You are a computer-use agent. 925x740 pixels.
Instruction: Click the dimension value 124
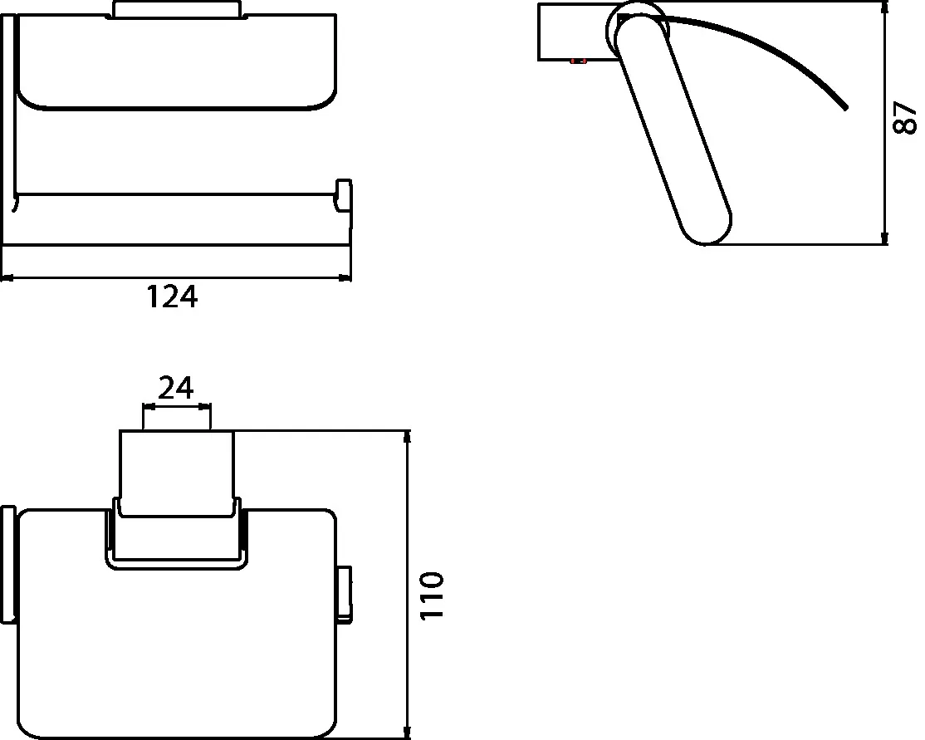[x=173, y=296]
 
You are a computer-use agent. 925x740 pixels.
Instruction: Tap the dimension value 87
[x=904, y=118]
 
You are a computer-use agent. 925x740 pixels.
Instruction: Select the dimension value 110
[x=433, y=595]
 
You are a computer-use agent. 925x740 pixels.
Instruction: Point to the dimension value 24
[x=176, y=387]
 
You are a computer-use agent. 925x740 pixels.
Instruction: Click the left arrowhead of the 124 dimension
[x=5, y=278]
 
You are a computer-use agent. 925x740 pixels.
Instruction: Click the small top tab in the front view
[x=176, y=10]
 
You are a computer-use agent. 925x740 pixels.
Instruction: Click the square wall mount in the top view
[x=176, y=469]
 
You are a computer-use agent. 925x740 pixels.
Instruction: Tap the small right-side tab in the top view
[x=344, y=594]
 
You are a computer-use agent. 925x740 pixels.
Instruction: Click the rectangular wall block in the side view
[x=574, y=32]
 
